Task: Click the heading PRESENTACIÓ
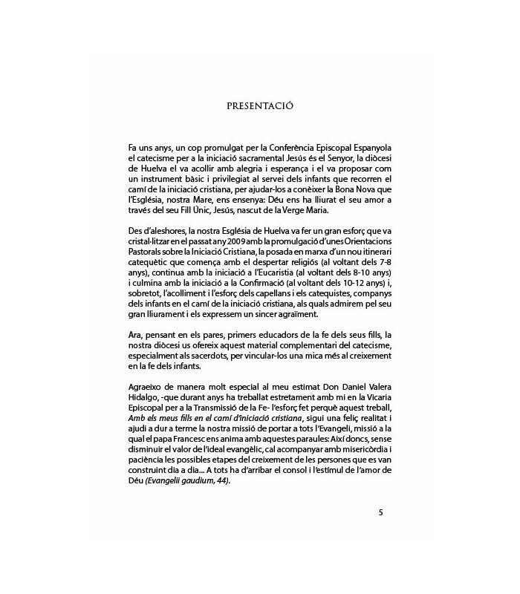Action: pyautogui.click(x=260, y=105)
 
